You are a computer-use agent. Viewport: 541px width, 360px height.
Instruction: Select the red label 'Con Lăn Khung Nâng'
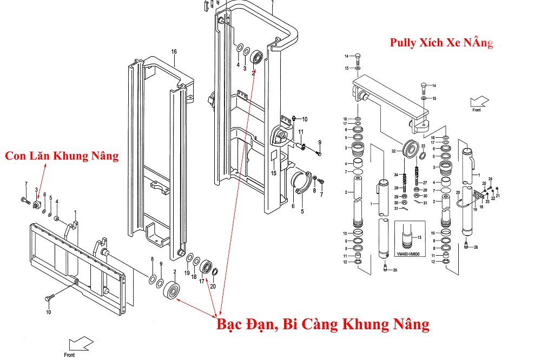61,156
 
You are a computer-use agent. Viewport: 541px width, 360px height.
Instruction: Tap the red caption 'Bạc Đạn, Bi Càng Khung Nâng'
323,324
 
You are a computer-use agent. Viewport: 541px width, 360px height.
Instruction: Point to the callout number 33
423,146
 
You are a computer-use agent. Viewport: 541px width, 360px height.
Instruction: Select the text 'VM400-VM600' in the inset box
411,255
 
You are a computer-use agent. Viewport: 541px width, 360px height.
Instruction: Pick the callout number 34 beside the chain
396,175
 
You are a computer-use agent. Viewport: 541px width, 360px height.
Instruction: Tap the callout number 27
425,183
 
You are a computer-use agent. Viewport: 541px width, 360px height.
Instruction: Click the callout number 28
396,188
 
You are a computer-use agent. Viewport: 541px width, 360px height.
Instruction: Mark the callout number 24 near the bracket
491,179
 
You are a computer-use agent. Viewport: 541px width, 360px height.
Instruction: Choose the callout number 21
498,195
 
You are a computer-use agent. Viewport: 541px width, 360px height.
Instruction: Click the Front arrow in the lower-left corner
78,344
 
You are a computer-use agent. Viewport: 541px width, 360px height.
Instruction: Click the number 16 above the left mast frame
174,52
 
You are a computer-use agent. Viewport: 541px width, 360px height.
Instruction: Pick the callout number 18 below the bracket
481,206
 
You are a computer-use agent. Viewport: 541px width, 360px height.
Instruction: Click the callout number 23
487,201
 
